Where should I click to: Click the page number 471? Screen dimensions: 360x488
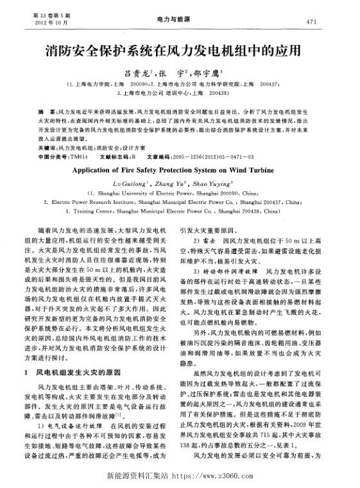click(x=312, y=21)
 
